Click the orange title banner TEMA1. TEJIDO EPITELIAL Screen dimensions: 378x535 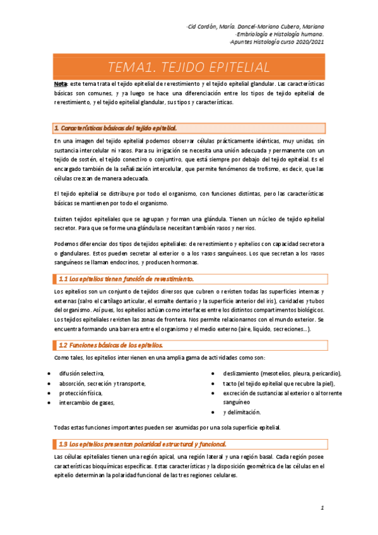[189, 67]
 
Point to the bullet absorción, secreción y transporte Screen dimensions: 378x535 [102, 383]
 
